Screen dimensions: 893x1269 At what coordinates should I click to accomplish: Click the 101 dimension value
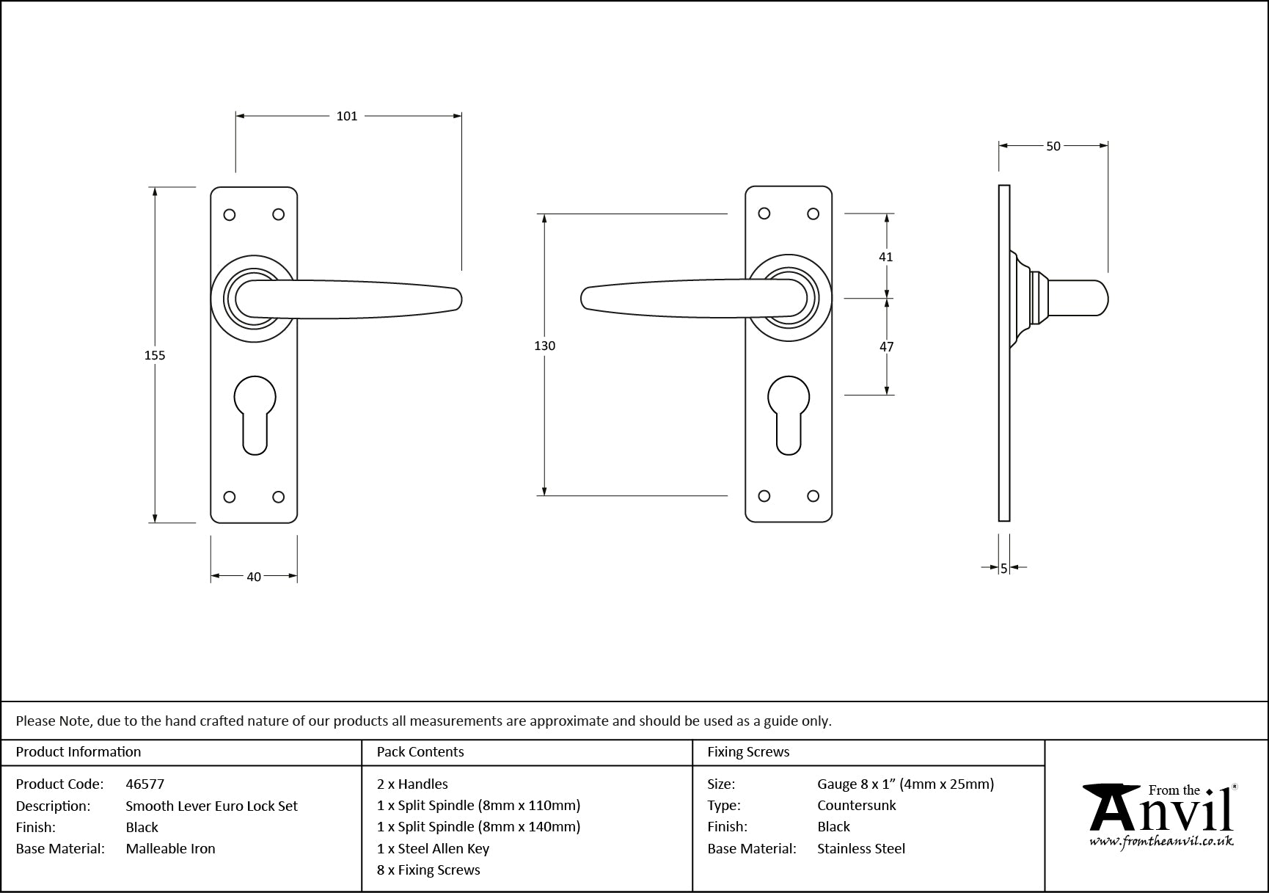coord(346,116)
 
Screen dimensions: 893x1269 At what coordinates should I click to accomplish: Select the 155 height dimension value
coord(155,355)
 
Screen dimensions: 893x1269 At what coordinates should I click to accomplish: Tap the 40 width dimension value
coord(254,577)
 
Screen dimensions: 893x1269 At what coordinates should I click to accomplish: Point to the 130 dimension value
coord(544,346)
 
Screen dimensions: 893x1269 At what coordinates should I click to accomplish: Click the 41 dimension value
coord(886,257)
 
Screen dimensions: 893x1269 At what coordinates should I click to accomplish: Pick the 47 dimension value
coord(886,346)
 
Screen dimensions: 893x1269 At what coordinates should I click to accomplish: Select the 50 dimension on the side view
coord(1053,146)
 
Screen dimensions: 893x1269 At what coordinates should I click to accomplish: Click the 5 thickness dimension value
coord(1003,568)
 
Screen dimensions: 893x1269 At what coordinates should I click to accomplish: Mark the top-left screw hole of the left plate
coord(230,214)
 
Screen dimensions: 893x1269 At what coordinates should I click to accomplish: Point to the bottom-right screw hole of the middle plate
coord(813,497)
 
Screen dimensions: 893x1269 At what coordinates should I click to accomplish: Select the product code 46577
coord(145,784)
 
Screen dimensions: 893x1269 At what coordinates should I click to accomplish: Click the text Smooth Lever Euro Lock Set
coord(211,806)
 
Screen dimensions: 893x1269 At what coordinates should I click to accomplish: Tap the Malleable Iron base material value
coord(170,848)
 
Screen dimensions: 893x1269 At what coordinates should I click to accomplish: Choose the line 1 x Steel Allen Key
coord(433,848)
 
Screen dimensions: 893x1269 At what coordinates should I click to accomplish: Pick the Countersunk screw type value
coord(856,805)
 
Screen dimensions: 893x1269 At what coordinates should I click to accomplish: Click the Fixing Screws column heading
coord(748,751)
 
